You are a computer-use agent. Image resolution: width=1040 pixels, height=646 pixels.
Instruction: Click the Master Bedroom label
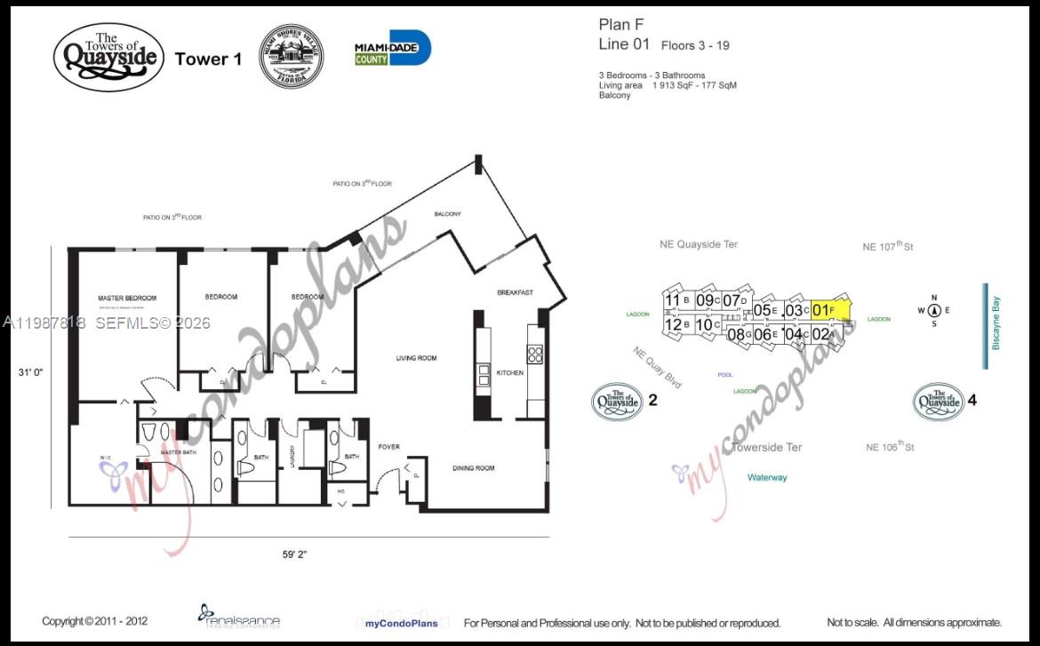127,298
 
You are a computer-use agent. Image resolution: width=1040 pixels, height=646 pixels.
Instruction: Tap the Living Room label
416,358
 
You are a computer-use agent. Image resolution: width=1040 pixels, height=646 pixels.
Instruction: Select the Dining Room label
473,468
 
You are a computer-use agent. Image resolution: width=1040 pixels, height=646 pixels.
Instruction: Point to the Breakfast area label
515,293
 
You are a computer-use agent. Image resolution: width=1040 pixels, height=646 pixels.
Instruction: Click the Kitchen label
509,373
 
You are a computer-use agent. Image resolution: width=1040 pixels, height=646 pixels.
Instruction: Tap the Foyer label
389,447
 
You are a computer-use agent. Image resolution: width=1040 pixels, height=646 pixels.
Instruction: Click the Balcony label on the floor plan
447,214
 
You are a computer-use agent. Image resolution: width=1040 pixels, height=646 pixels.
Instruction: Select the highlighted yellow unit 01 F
828,310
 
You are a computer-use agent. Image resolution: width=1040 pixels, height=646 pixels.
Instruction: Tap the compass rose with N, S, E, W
934,310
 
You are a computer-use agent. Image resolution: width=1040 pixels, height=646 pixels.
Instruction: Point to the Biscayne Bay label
996,328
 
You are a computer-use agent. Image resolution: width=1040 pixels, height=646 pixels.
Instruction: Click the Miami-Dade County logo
392,49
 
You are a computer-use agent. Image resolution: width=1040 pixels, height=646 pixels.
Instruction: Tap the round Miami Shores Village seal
291,56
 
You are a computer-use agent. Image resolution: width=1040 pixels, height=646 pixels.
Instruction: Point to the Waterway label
766,478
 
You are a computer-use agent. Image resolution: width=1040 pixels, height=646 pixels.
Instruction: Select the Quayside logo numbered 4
939,402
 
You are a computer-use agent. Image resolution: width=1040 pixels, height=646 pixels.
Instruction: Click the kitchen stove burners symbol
535,355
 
